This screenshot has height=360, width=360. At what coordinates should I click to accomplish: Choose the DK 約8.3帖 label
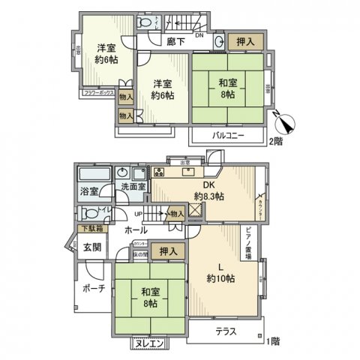coord(208,190)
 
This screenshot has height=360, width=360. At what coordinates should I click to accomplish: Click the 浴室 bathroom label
coord(89,191)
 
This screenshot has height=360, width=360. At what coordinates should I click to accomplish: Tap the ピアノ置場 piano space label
coord(252,240)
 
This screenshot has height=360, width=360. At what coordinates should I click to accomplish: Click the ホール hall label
coord(136,229)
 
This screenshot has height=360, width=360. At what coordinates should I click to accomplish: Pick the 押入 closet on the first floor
coord(165,251)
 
